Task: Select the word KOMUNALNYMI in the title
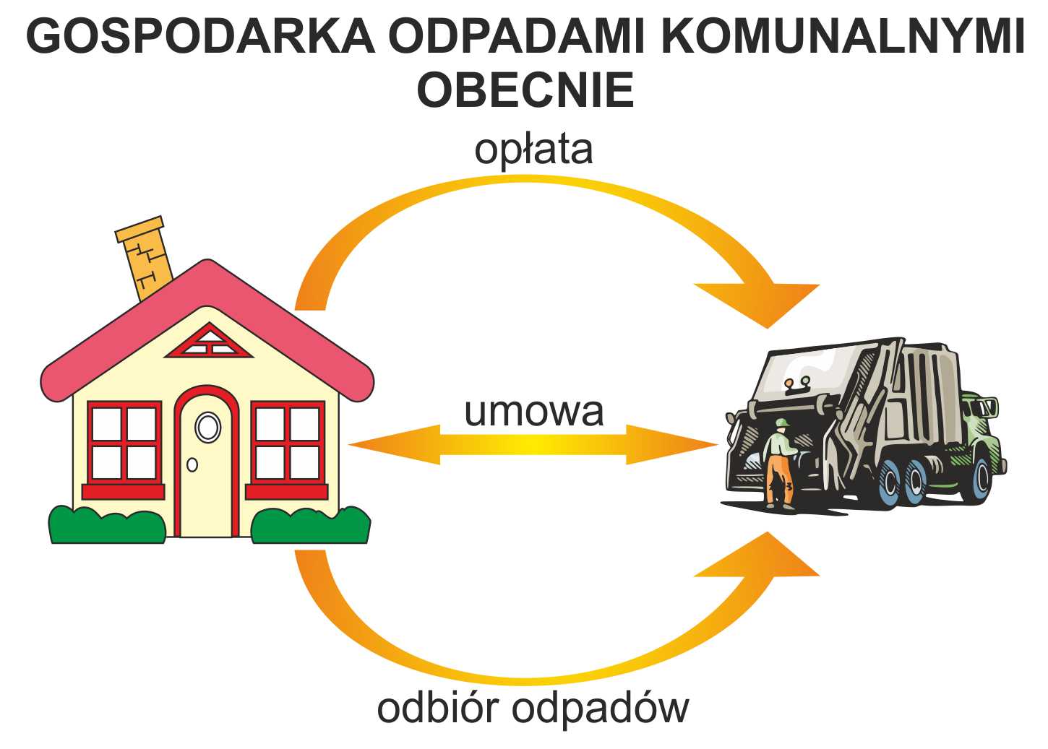pyautogui.click(x=843, y=36)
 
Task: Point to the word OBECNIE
pyautogui.click(x=525, y=89)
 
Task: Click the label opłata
pyautogui.click(x=534, y=150)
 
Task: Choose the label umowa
pyautogui.click(x=534, y=412)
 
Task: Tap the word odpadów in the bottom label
pyautogui.click(x=601, y=710)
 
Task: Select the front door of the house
pyautogui.click(x=207, y=462)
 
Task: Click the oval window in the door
pyautogui.click(x=207, y=427)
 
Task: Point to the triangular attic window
pyautogui.click(x=209, y=342)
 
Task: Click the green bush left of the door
pyautogui.click(x=108, y=524)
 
